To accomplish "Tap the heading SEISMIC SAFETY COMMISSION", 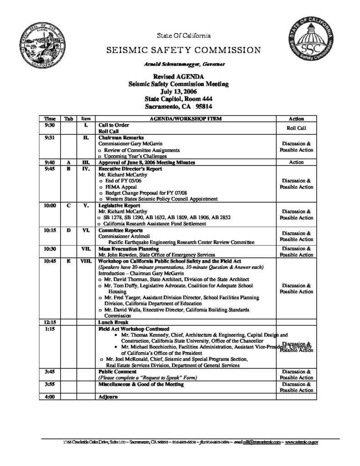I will pyautogui.click(x=183, y=50).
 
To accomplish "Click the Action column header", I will pyautogui.click(x=296, y=118).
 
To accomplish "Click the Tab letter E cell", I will pyautogui.click(x=68, y=261).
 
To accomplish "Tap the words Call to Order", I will pyautogui.click(x=114, y=124).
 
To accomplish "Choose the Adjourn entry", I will pyautogui.click(x=108, y=397).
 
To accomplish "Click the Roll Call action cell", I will pyautogui.click(x=296, y=128).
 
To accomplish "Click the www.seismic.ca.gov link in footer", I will pyautogui.click(x=301, y=442).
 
